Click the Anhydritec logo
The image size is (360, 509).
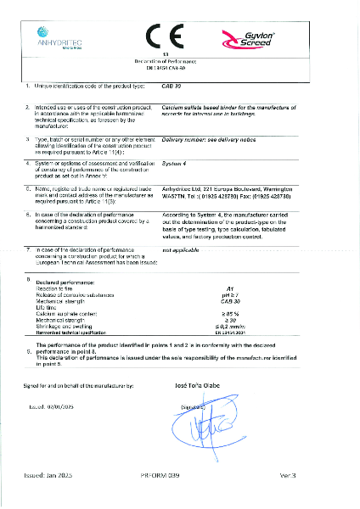(x=58, y=36)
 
